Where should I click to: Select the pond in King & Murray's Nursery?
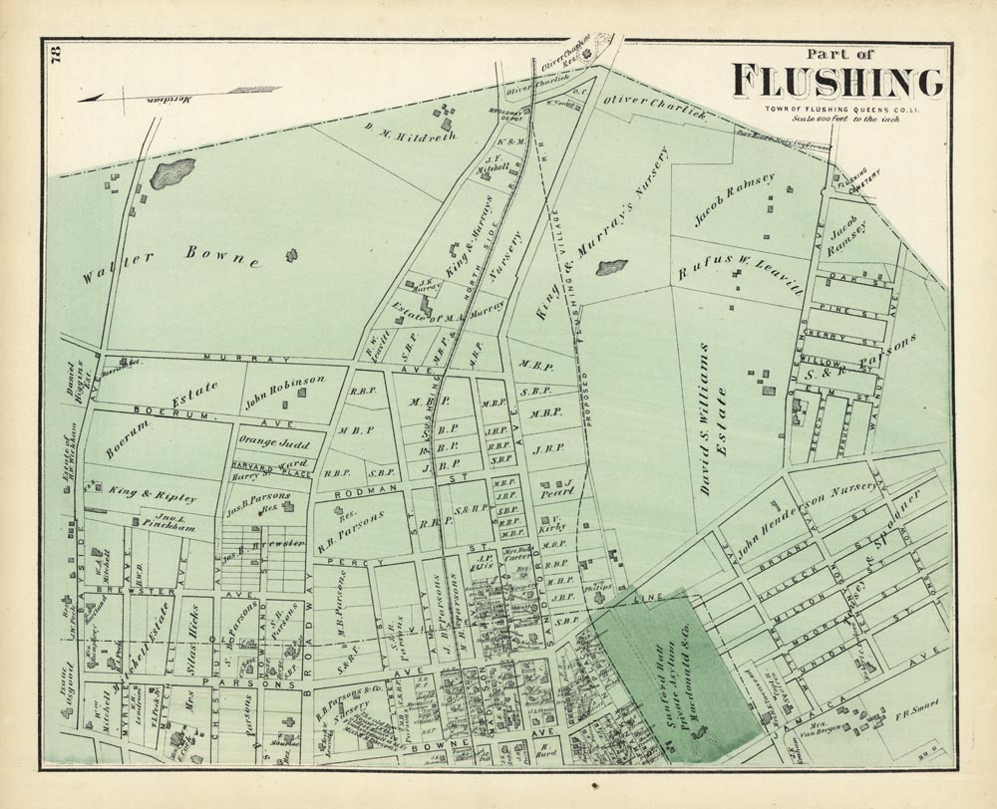point(610,267)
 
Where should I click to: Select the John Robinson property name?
point(284,380)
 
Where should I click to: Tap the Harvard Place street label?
point(261,465)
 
